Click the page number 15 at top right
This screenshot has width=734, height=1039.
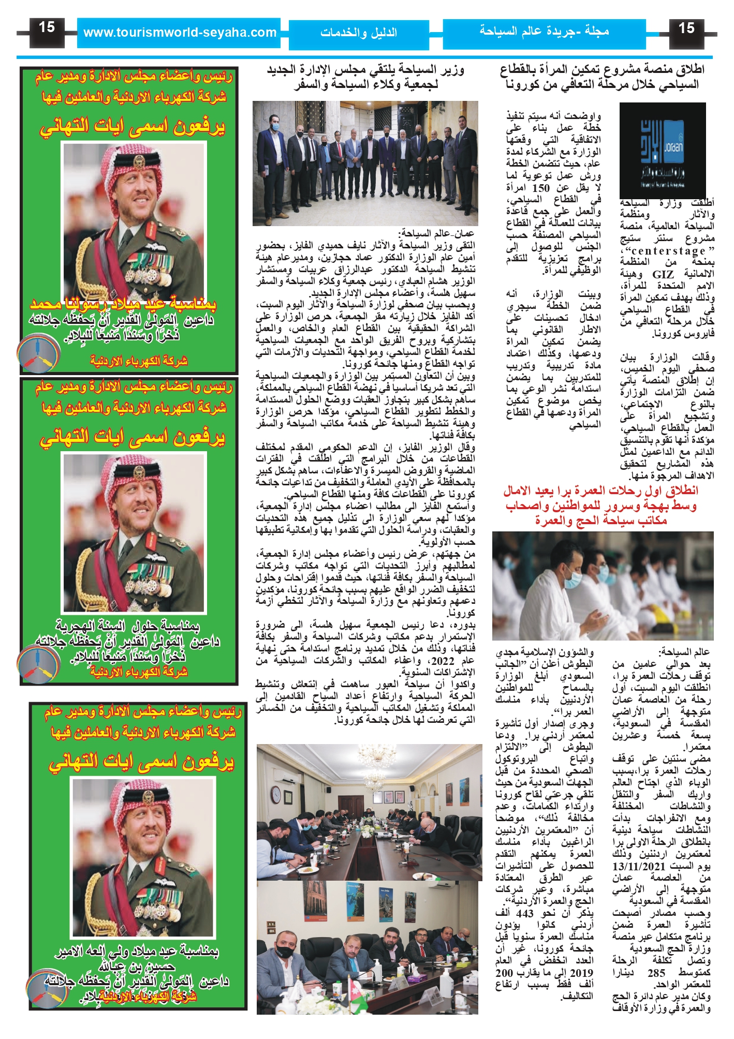coord(686,28)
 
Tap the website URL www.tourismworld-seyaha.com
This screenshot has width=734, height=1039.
coord(180,33)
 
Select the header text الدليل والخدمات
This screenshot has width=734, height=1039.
coord(358,33)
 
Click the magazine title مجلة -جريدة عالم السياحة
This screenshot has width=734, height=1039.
coord(544,31)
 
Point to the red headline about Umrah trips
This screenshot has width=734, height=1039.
coord(600,505)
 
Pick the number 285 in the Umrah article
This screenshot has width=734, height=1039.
coord(656,973)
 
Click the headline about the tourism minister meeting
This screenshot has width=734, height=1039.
coord(365,77)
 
